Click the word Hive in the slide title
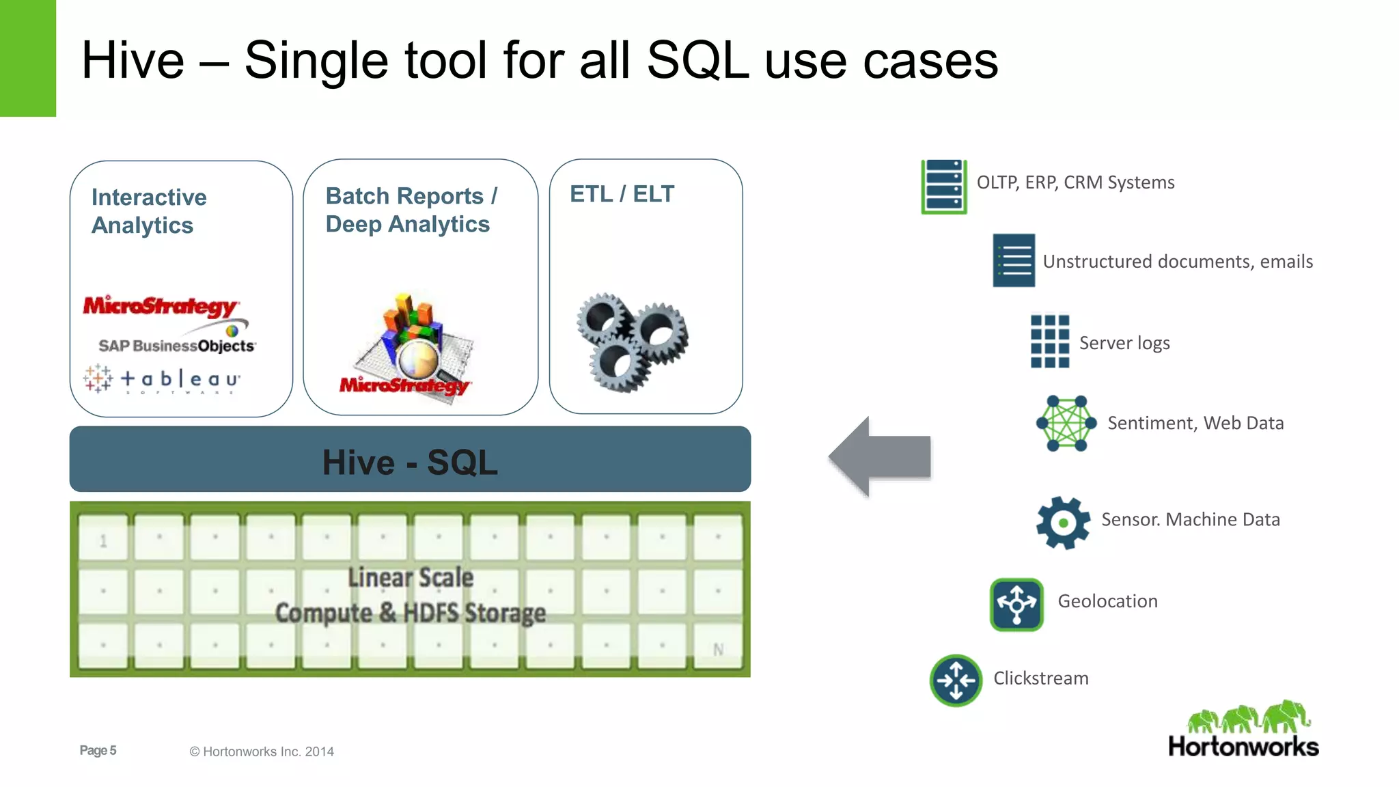133,61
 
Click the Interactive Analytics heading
149,211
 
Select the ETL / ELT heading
622,194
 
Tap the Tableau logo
163,379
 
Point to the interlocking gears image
632,341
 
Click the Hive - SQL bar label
410,462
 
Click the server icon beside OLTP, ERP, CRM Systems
943,187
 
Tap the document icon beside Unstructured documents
1014,260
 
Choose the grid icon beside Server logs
1049,341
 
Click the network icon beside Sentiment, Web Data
1066,423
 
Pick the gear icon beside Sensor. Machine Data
1062,523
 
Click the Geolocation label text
1107,601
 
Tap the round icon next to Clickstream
956,680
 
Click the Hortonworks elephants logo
1243,730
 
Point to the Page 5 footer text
98,750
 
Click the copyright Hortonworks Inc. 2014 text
262,751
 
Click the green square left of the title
27,58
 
